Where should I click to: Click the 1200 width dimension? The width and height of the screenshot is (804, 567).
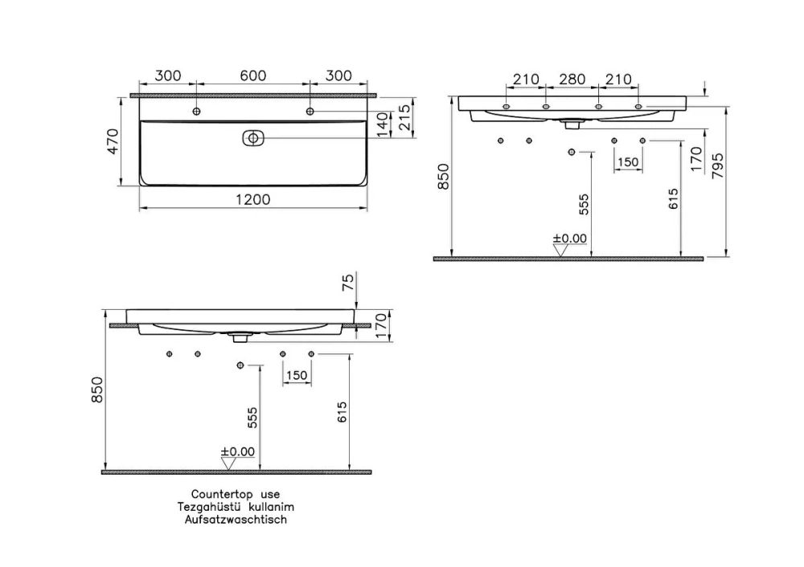tap(252, 199)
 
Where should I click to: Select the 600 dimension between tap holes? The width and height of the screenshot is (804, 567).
tap(252, 75)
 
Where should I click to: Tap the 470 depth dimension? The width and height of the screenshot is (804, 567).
tap(113, 141)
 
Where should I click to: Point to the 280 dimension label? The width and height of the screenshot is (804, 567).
tap(572, 80)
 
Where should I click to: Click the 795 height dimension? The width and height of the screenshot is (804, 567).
tap(718, 165)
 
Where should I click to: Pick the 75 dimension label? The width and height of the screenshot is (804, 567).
tap(347, 282)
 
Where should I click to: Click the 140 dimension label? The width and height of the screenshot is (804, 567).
tap(382, 125)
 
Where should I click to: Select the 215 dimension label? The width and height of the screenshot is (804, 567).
tap(404, 117)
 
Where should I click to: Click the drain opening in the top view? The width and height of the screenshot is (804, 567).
tap(252, 138)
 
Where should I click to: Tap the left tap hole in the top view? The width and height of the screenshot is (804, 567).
tap(196, 111)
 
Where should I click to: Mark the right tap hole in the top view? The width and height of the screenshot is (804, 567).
tap(310, 111)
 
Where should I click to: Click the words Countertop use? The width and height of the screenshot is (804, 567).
tap(236, 494)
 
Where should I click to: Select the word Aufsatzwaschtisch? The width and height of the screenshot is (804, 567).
tap(236, 520)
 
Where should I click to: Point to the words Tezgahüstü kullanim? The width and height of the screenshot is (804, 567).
tap(236, 507)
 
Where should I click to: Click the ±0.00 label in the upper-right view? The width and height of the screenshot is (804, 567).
tap(570, 239)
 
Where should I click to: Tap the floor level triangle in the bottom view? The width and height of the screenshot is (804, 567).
tap(228, 463)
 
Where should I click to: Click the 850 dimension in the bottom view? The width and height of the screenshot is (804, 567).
tap(97, 390)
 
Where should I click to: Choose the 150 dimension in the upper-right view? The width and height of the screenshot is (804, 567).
tap(628, 162)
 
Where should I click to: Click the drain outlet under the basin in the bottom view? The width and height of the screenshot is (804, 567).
tap(240, 337)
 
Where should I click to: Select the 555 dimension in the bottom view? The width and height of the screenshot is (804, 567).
tap(252, 418)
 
